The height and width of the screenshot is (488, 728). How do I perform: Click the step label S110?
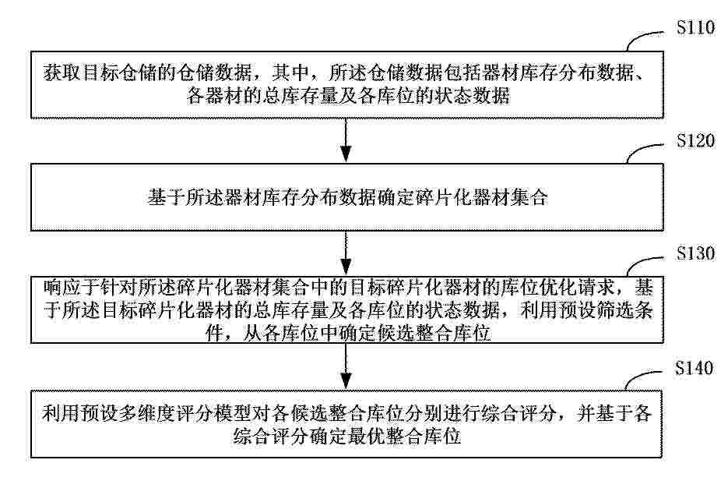(695, 27)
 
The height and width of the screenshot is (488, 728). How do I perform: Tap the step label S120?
(695, 140)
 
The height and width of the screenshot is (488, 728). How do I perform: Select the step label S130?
(695, 253)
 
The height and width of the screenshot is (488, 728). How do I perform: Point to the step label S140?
(694, 368)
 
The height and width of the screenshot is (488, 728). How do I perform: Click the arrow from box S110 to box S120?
(346, 140)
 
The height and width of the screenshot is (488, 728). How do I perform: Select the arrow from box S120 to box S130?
(346, 253)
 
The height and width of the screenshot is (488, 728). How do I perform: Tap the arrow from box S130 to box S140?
(346, 366)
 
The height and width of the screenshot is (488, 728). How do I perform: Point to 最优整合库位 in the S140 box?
(404, 436)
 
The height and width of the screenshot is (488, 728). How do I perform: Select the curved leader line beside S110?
(644, 40)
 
